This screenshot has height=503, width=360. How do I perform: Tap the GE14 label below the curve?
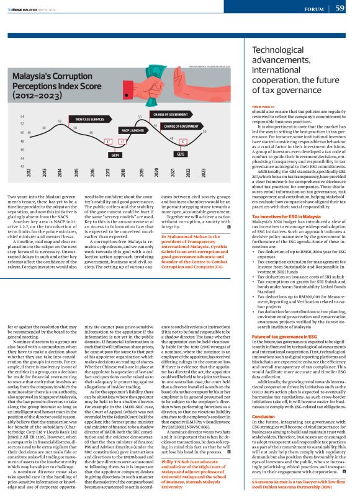click(115, 154)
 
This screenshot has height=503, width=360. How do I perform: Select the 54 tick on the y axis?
click(22, 116)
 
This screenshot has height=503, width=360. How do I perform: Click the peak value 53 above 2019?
click(140, 117)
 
